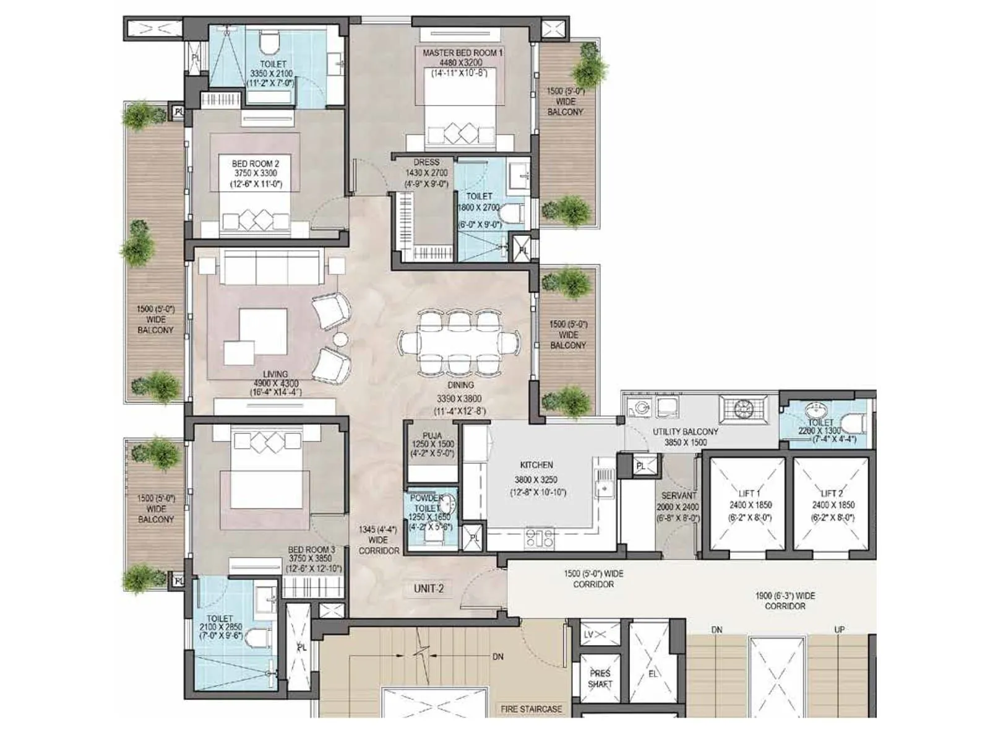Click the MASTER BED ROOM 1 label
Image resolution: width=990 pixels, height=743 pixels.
coord(462,53)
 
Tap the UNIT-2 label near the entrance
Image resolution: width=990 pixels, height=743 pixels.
coord(429,588)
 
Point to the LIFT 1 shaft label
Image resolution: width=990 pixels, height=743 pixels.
coord(750,493)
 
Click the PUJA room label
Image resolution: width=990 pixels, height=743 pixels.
coord(432,436)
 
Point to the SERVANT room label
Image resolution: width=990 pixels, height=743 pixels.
coord(678,495)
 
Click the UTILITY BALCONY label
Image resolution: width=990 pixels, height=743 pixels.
coord(686,432)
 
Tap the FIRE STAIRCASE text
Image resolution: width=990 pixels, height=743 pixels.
coord(531,709)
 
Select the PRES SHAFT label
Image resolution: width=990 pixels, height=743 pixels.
coord(600,679)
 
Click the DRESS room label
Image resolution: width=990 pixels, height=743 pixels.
coord(426,162)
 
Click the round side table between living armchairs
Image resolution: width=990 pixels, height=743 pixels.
coord(340,339)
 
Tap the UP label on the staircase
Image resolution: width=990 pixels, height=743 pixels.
coord(840,630)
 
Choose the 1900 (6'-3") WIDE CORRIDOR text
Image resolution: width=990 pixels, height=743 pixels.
coord(785,601)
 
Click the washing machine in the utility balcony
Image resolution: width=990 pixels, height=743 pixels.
coord(638,407)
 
